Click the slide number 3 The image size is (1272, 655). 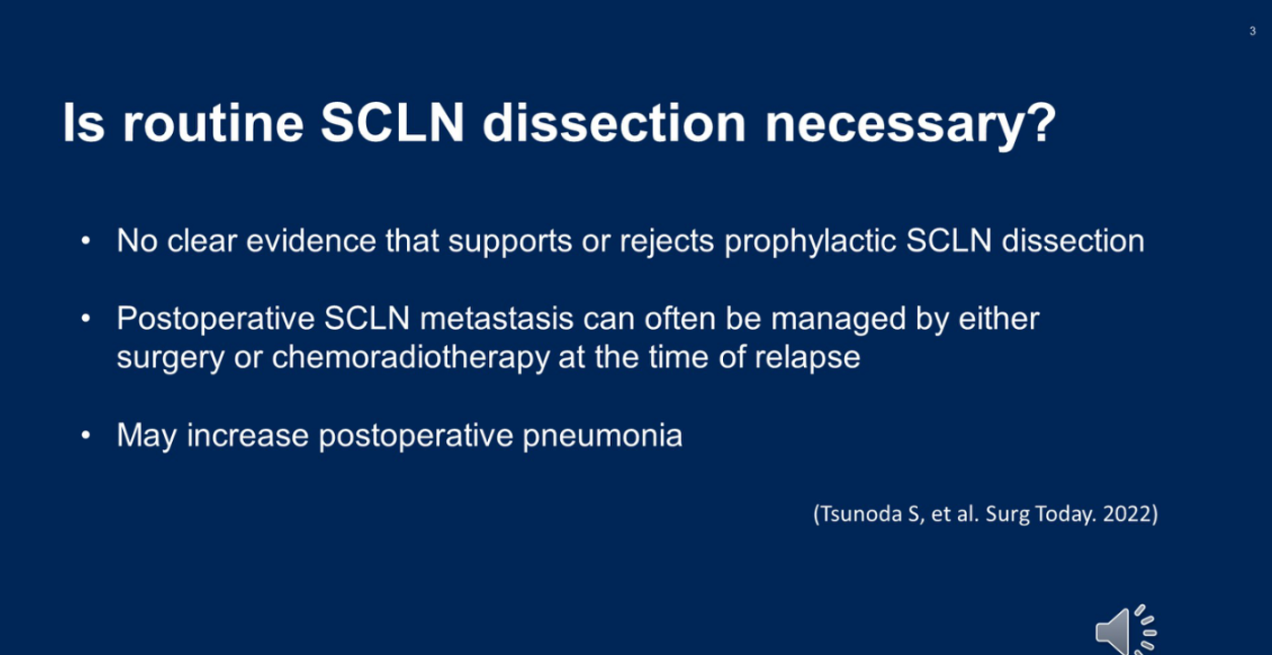click(1252, 31)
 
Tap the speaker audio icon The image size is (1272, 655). click(1125, 630)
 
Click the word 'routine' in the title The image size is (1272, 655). click(213, 123)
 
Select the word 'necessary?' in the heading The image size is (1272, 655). click(911, 125)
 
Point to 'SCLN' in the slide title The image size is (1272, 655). click(392, 123)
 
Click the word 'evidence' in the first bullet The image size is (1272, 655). click(310, 241)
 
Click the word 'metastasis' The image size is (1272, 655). click(496, 318)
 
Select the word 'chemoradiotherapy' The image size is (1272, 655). click(410, 358)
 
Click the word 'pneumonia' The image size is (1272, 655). click(602, 436)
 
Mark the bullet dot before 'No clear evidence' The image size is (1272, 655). click(86, 241)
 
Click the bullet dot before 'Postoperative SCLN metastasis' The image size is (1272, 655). click(86, 318)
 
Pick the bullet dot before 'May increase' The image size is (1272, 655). click(86, 435)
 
